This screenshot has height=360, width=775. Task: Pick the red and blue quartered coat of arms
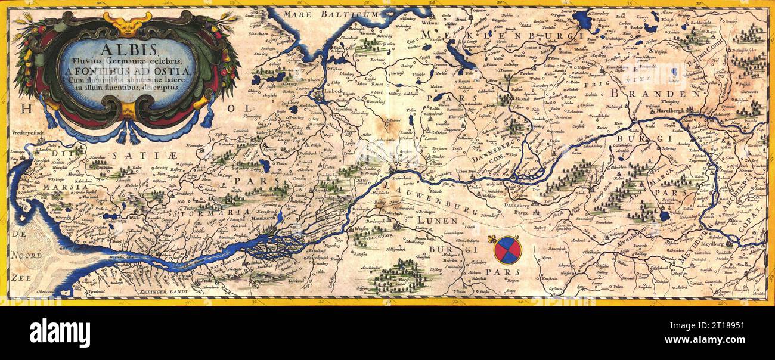tap(507, 250)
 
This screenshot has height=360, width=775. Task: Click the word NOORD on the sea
tap(26, 256)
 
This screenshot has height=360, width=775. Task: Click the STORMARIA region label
tap(216, 212)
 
